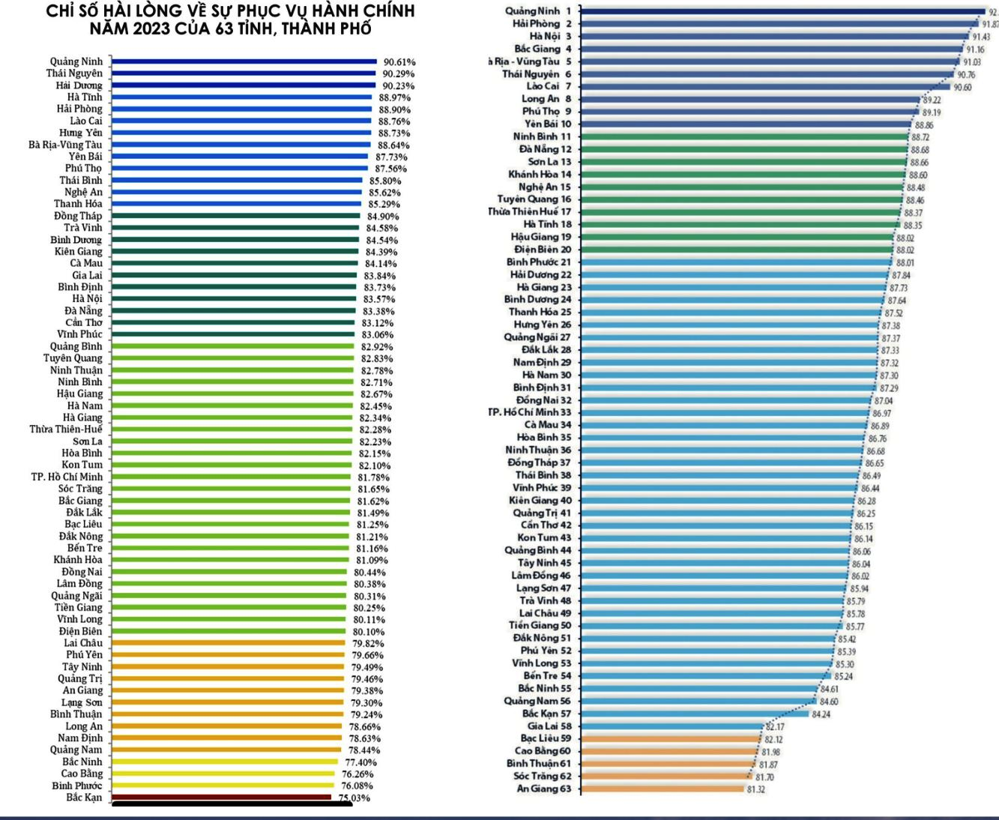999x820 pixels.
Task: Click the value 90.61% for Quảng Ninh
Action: pyautogui.click(x=399, y=62)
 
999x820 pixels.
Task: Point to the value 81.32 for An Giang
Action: pyautogui.click(x=755, y=789)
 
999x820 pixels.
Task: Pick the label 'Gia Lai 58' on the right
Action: pyautogui.click(x=549, y=726)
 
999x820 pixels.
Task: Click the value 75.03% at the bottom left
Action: pyautogui.click(x=354, y=798)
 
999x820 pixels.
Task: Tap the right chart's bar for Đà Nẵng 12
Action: pyautogui.click(x=742, y=149)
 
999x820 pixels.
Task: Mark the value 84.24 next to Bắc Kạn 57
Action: pyautogui.click(x=821, y=714)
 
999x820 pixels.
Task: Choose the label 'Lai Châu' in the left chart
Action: pyautogui.click(x=83, y=643)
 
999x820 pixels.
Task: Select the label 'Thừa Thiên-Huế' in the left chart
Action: pyautogui.click(x=66, y=429)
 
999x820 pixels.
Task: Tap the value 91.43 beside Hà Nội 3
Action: pyautogui.click(x=981, y=37)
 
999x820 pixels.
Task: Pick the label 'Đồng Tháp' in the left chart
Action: pyautogui.click(x=78, y=216)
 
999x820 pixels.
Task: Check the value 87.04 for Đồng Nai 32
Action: pyautogui.click(x=884, y=401)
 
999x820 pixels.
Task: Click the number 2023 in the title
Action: pyautogui.click(x=155, y=29)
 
